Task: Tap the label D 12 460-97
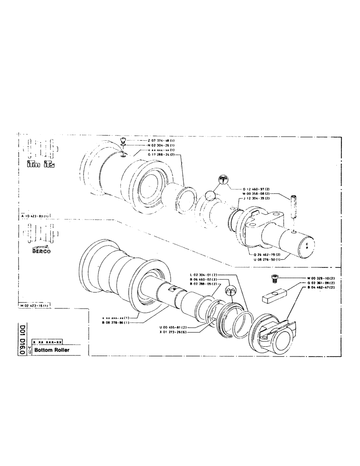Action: [256, 189]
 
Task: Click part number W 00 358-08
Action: [256, 194]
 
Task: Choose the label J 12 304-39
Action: [256, 199]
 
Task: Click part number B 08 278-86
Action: [117, 322]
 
